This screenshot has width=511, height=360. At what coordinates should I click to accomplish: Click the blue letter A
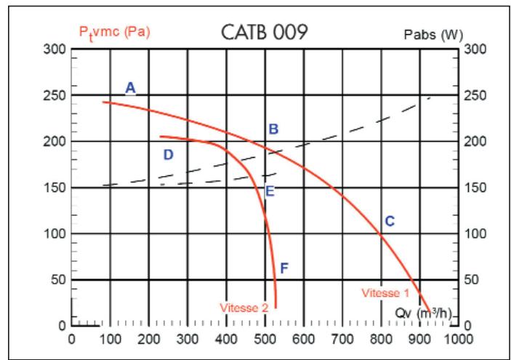(x=130, y=88)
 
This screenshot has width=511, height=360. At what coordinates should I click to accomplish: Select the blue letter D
(x=168, y=155)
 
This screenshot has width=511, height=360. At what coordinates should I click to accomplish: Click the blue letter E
(x=270, y=192)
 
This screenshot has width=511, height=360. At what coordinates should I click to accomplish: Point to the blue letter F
(x=284, y=268)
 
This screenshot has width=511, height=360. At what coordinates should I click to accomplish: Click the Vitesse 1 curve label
(x=386, y=293)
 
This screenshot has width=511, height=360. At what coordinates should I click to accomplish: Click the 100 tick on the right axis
(x=472, y=233)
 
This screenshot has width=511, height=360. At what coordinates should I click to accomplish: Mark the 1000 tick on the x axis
(x=458, y=339)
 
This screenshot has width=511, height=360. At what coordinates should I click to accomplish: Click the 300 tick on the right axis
(x=472, y=49)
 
